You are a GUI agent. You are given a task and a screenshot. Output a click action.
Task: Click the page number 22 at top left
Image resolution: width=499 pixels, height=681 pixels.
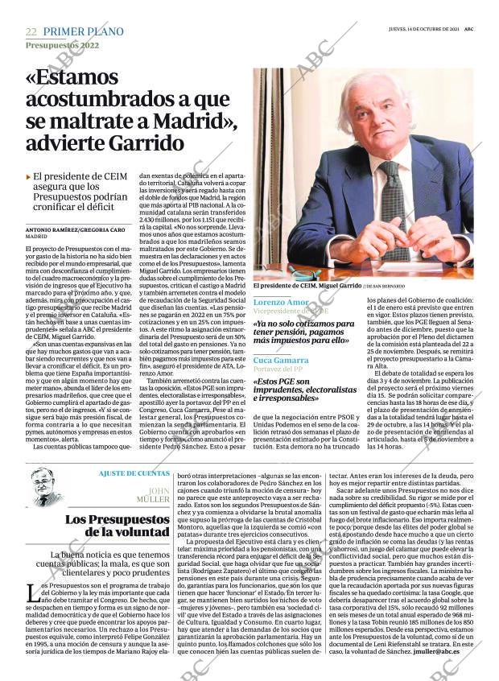coord(31,31)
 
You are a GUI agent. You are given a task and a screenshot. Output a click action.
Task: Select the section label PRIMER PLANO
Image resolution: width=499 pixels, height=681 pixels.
coord(83,31)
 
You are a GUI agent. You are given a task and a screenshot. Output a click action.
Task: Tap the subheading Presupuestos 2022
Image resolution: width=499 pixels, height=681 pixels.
coord(62,46)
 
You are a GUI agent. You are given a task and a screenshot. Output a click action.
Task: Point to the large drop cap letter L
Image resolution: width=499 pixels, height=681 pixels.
coord(33,595)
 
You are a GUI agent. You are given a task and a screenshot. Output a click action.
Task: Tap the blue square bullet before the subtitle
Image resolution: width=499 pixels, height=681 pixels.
coord(28,175)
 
